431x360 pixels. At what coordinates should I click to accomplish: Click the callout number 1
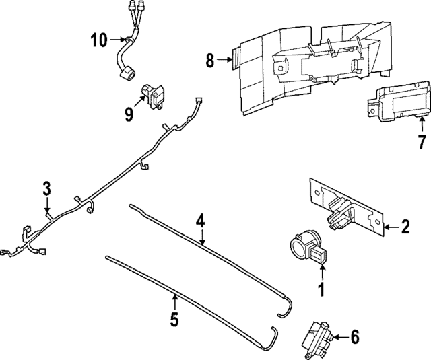point(321,291)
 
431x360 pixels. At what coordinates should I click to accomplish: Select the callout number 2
point(405,227)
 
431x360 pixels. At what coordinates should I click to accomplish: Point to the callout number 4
point(200,220)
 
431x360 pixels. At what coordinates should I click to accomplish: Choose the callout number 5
point(174,319)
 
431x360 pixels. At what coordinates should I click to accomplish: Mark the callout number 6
point(356,335)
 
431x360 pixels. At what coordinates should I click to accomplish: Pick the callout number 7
point(403,142)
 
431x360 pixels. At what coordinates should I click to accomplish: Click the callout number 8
point(209,61)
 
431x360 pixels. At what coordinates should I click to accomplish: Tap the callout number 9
point(129,115)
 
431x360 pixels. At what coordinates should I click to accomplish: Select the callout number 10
point(98,40)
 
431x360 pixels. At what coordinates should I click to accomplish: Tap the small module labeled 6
point(318,334)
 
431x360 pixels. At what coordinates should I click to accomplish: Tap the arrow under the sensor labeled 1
point(322,272)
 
